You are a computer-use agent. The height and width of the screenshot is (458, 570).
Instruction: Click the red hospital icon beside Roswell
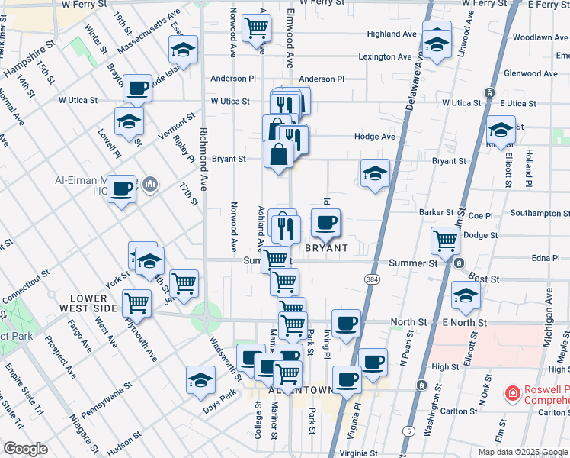pos(514,393)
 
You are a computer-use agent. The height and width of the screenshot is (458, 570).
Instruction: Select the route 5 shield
pos(409,431)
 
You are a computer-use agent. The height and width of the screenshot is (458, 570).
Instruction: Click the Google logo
pos(25,449)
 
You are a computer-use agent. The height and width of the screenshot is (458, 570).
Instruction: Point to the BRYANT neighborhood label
pos(326,249)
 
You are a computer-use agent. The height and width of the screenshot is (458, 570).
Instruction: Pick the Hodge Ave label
pos(375,137)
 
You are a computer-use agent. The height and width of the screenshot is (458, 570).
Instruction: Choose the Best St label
pos(485,280)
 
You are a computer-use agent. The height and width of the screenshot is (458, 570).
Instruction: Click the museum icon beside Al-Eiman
pos(150,184)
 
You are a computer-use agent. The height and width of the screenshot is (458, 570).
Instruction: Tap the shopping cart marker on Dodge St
pos(446,240)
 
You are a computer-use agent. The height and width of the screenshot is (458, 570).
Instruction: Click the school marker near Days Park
pos(200,380)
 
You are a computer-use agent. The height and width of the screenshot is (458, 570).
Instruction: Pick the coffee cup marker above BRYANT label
pos(326,222)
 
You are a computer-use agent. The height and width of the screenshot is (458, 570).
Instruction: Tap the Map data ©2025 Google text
pos(522,452)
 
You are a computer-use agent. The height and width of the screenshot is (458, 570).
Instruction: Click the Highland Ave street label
pos(392,34)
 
